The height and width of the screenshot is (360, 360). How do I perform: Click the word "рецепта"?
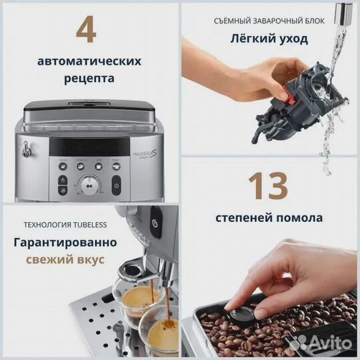click(89, 78)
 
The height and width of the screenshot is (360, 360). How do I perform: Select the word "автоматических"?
click(89, 61)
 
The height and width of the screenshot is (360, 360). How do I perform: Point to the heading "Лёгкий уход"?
click(269, 39)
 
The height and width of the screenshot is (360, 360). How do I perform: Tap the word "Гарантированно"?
click(65, 241)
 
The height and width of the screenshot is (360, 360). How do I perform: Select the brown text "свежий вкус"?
click(65, 259)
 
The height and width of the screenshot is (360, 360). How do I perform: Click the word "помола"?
click(298, 217)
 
